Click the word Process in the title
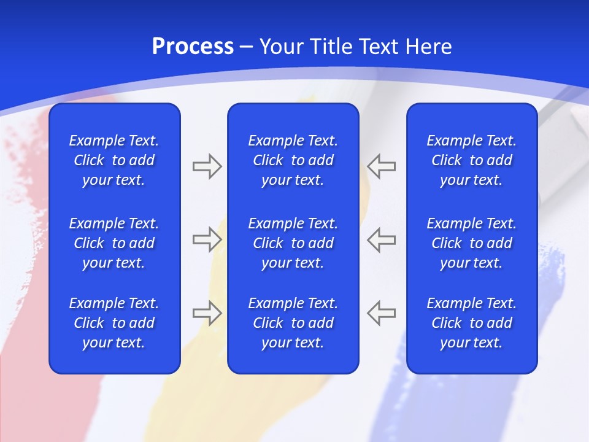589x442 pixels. [x=193, y=47]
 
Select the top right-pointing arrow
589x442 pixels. [x=207, y=166]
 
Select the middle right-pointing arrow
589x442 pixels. [x=207, y=239]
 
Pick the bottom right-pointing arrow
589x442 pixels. [x=207, y=312]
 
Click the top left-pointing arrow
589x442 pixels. [x=382, y=166]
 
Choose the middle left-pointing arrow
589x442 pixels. [x=382, y=239]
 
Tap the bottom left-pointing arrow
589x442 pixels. [x=382, y=312]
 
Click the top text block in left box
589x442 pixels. [x=114, y=160]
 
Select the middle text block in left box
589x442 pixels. [x=114, y=243]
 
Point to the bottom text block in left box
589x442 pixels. [x=114, y=323]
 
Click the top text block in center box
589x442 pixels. [x=293, y=160]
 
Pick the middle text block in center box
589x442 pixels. [x=293, y=243]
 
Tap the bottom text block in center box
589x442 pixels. [x=293, y=323]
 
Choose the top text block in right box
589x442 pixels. [x=471, y=160]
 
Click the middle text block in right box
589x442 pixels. [x=471, y=243]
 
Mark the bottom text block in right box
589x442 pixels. [x=471, y=323]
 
